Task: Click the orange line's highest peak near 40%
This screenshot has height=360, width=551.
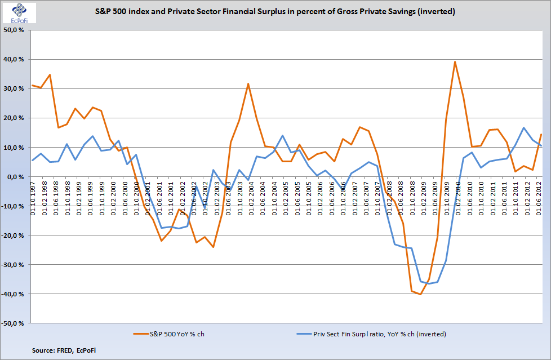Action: click(455, 61)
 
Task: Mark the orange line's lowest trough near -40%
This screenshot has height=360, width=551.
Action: click(420, 294)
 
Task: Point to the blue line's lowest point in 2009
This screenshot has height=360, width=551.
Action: click(429, 284)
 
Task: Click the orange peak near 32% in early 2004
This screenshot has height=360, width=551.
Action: click(248, 83)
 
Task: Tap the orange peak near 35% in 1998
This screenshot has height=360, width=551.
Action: click(50, 74)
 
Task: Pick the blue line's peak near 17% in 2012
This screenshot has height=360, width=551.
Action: click(523, 127)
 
